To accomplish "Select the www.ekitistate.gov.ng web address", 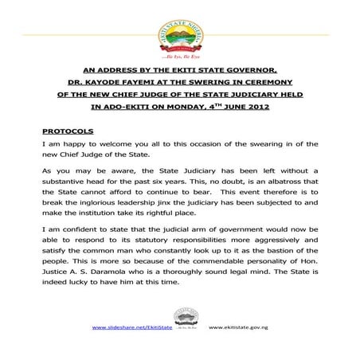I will click(238, 327).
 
